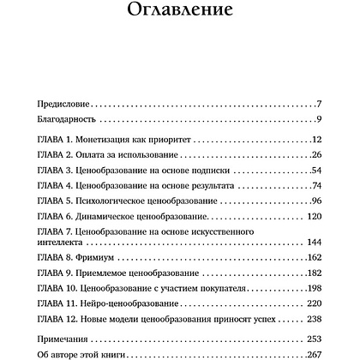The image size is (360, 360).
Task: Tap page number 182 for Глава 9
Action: click(312, 275)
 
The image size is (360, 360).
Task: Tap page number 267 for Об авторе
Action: click(312, 355)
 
